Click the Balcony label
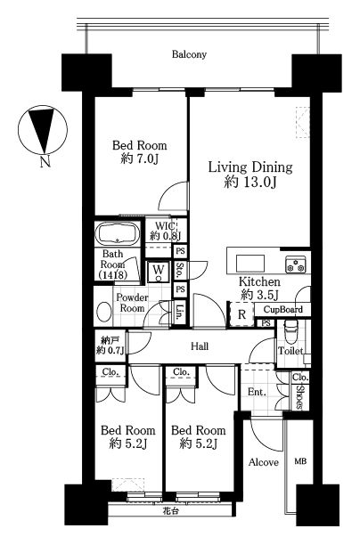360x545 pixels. [189, 54]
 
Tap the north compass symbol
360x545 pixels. [43, 129]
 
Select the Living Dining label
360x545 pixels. [250, 167]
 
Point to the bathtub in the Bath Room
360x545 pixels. [118, 233]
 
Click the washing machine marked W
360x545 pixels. [159, 271]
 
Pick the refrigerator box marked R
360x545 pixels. [241, 314]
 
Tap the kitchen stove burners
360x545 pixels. [296, 264]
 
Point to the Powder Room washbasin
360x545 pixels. [103, 312]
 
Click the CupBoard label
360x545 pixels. [282, 309]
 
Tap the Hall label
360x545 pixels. [200, 346]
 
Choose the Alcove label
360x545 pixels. [263, 462]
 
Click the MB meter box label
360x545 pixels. [301, 461]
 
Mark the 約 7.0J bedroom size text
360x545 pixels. [139, 159]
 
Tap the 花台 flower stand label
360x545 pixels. [171, 511]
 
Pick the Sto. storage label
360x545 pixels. [179, 270]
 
